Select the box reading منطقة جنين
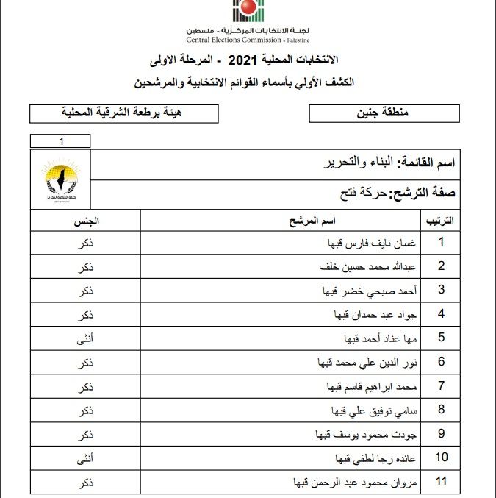pos(384,113)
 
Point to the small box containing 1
pos(61,141)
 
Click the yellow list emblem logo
pos(61,180)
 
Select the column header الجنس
pos(85,220)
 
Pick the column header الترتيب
pos(439,220)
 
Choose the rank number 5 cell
pos(442,338)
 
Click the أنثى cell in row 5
pos(85,338)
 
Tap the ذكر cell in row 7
pos(85,386)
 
